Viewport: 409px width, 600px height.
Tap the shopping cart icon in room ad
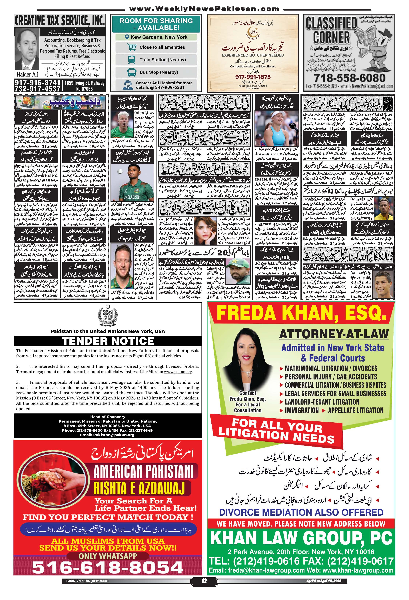click(132, 47)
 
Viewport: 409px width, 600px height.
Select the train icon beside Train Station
click(132, 60)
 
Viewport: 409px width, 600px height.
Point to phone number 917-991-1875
click(253, 77)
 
